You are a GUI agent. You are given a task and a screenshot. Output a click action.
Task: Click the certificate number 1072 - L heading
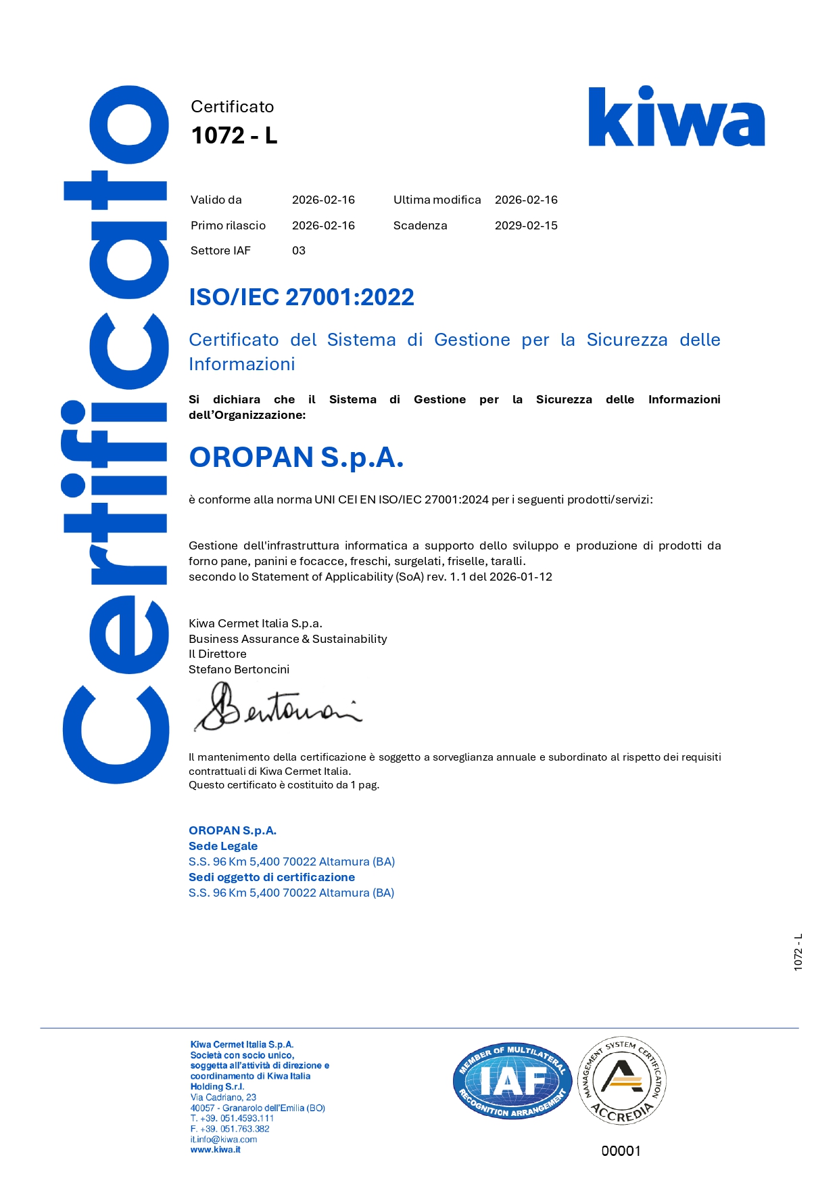[234, 135]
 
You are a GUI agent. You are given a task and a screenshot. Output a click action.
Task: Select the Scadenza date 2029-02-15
[526, 225]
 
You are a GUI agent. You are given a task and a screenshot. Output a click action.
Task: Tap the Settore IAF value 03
[299, 250]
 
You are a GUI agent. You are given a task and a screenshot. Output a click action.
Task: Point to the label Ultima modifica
[437, 200]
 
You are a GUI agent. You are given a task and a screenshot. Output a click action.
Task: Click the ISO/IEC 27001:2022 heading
[302, 297]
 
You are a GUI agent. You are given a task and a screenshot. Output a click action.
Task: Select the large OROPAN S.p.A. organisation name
[296, 457]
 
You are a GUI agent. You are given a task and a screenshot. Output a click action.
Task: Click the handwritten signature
[277, 708]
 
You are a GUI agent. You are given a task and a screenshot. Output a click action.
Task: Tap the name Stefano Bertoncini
[239, 669]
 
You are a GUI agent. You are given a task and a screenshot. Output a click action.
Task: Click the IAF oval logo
[512, 1081]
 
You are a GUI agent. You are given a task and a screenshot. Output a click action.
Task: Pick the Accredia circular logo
[622, 1080]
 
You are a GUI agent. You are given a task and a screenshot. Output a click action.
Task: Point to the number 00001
[621, 1150]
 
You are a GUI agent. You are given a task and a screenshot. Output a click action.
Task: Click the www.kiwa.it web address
[215, 1150]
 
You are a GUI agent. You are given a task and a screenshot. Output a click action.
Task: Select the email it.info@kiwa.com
[224, 1139]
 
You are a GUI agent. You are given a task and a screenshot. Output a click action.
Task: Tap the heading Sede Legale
[223, 846]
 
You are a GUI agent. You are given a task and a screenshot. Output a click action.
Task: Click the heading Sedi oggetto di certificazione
[272, 877]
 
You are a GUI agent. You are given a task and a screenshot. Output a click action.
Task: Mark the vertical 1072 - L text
[798, 952]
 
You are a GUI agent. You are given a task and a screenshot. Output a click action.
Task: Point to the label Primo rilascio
[228, 225]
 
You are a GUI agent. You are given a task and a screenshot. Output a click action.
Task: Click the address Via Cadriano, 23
[223, 1097]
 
